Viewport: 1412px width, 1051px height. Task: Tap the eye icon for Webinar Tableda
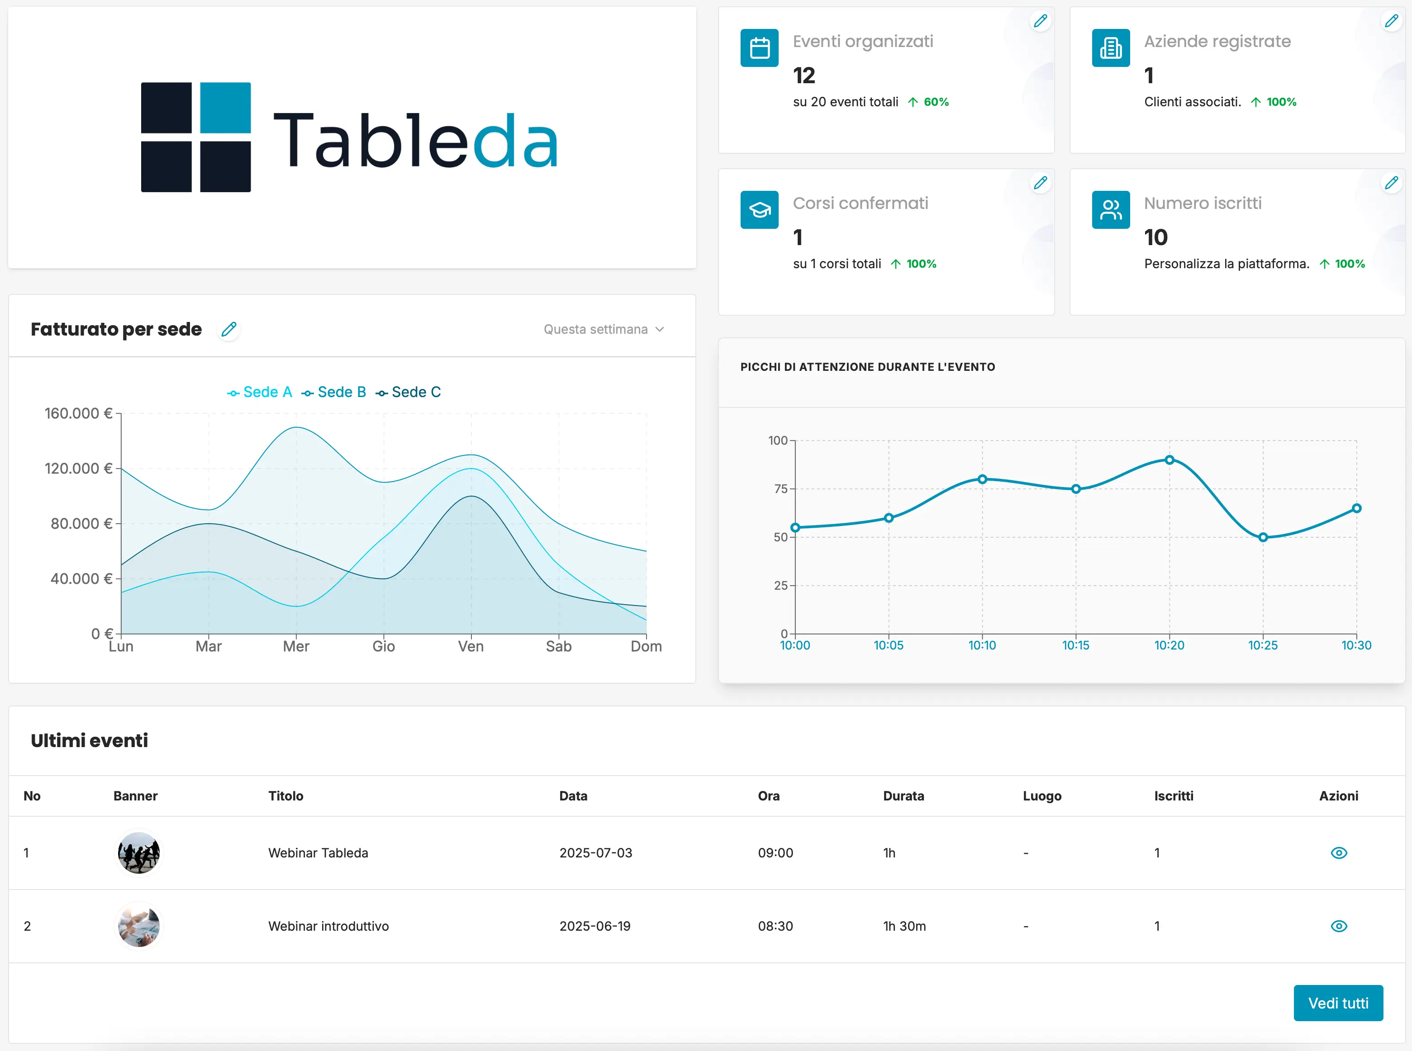(x=1338, y=852)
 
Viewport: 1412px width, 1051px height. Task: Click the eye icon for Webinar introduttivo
(x=1338, y=926)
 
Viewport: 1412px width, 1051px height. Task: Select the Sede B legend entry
(x=334, y=392)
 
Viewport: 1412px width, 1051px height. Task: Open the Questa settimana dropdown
(x=603, y=329)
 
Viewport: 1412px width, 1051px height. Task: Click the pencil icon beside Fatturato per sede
(x=228, y=329)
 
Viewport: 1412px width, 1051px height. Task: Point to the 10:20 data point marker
(x=1169, y=460)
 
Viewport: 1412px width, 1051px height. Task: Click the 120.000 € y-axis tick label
(x=78, y=468)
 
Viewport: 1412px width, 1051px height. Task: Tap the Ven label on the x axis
(x=471, y=646)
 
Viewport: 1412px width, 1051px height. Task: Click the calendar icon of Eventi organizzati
(x=759, y=48)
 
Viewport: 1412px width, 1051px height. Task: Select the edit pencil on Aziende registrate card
(x=1391, y=21)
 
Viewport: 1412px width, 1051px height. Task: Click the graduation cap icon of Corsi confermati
(x=759, y=210)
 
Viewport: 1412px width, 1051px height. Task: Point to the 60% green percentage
(x=936, y=102)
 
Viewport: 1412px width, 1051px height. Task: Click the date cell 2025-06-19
(x=594, y=926)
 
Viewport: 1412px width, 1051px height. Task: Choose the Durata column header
(x=903, y=796)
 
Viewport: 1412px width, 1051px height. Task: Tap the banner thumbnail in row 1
(x=139, y=852)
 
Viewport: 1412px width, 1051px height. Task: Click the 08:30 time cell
(x=775, y=926)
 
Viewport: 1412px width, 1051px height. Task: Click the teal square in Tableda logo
(x=225, y=108)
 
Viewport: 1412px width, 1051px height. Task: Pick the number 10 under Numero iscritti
(x=1155, y=237)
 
